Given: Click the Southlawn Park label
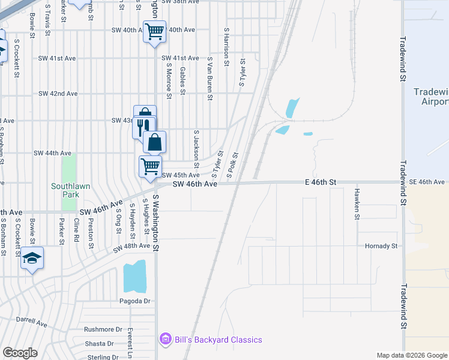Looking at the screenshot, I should (70, 190).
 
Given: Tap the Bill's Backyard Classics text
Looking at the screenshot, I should (218, 340).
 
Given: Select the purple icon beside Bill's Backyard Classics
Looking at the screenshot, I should (165, 340).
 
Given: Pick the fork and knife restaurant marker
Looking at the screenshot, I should (142, 127).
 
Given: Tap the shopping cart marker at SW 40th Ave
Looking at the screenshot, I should (154, 31).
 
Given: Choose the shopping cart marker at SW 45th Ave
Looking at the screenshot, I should (150, 166).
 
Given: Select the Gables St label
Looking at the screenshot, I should (182, 80).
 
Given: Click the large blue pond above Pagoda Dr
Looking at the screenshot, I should (134, 275).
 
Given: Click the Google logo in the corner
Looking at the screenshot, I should (20, 353).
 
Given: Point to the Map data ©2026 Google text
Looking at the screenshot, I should (411, 355).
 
